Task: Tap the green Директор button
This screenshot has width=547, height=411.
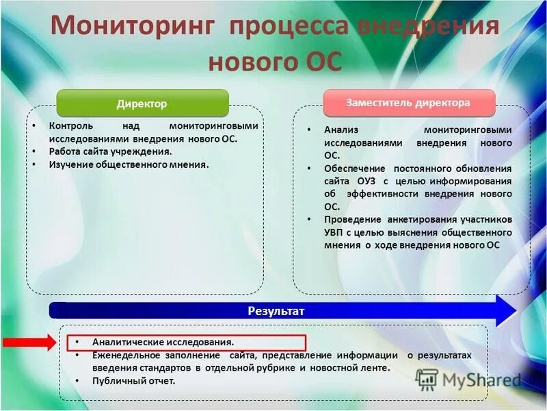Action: (x=142, y=103)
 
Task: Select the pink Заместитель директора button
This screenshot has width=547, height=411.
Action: (x=408, y=103)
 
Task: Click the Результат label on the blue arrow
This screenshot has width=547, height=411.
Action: (x=276, y=311)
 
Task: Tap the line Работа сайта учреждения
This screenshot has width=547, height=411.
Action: (x=110, y=151)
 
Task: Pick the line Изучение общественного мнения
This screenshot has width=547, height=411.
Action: (x=128, y=164)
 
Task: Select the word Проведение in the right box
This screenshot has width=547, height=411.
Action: (x=353, y=219)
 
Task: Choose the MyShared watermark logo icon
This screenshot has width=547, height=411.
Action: (x=427, y=379)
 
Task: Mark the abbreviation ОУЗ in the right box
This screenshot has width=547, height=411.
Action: (x=366, y=182)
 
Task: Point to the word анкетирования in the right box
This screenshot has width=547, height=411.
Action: (x=422, y=219)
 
